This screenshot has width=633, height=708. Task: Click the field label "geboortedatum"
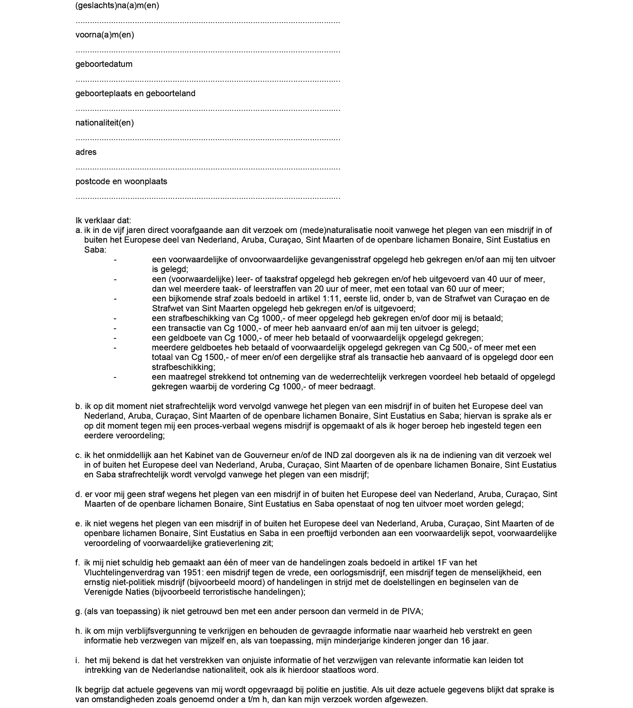pyautogui.click(x=104, y=64)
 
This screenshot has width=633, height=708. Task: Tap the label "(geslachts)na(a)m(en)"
pyautogui.click(x=117, y=6)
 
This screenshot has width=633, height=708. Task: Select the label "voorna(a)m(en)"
pyautogui.click(x=105, y=35)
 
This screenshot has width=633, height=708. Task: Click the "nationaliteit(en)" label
pyautogui.click(x=104, y=123)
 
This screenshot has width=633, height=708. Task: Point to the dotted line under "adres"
pyautogui.click(x=208, y=168)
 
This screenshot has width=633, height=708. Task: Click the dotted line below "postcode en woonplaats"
pyautogui.click(x=208, y=197)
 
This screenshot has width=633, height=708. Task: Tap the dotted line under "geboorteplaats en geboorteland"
pyautogui.click(x=208, y=109)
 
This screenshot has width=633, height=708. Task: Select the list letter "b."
pyautogui.click(x=79, y=406)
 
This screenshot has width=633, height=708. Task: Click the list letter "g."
pyautogui.click(x=79, y=611)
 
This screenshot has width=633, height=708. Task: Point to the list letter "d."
pyautogui.click(x=79, y=494)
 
